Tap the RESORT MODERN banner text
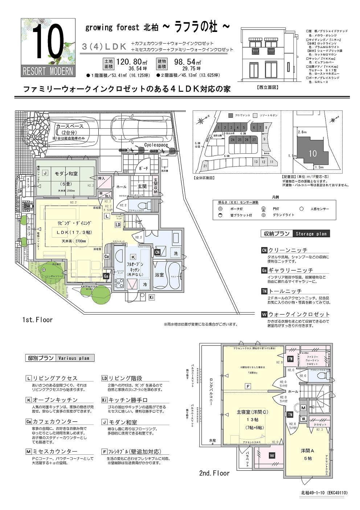pos(48,71)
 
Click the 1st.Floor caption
pos(37,320)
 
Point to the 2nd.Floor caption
pos(214,473)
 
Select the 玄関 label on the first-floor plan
pos(141,186)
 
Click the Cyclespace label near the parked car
pos(156,145)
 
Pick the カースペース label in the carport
pos(70,126)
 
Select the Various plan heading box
pos(74,358)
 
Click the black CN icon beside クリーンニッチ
pos(264,250)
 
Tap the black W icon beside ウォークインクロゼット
pos(264,314)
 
